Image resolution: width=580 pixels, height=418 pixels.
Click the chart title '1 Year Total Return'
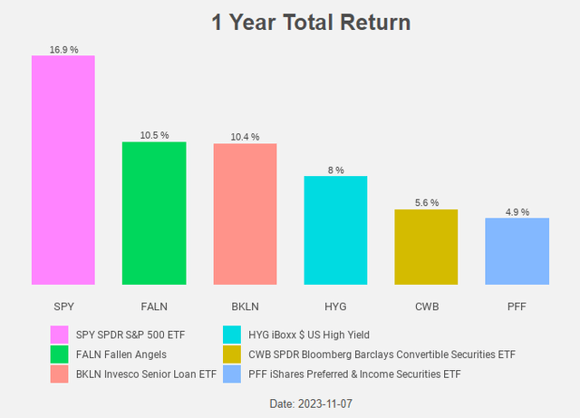(x=310, y=22)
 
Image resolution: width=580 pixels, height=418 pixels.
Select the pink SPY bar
(x=63, y=170)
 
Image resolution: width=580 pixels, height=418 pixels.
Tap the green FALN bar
(x=154, y=213)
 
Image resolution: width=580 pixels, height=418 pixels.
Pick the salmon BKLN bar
(x=245, y=214)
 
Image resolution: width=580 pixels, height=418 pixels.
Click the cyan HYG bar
(x=335, y=230)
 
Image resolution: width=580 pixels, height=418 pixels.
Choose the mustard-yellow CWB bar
(x=426, y=247)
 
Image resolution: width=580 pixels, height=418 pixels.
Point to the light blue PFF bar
(x=517, y=251)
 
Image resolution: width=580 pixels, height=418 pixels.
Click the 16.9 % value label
(x=63, y=49)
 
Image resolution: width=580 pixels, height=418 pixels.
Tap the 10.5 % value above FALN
(x=154, y=135)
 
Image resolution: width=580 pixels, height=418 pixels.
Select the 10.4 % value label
(x=245, y=137)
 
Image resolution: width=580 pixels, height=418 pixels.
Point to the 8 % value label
(x=335, y=170)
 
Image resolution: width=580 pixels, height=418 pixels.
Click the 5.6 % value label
(x=426, y=203)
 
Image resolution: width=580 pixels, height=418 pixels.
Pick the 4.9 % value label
(x=517, y=212)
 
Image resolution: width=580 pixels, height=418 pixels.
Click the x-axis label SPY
(x=63, y=306)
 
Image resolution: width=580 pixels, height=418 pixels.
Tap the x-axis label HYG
(x=335, y=306)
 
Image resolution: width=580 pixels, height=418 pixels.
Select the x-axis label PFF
(x=517, y=306)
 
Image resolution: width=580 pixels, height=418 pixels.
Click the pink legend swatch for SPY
(x=60, y=335)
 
